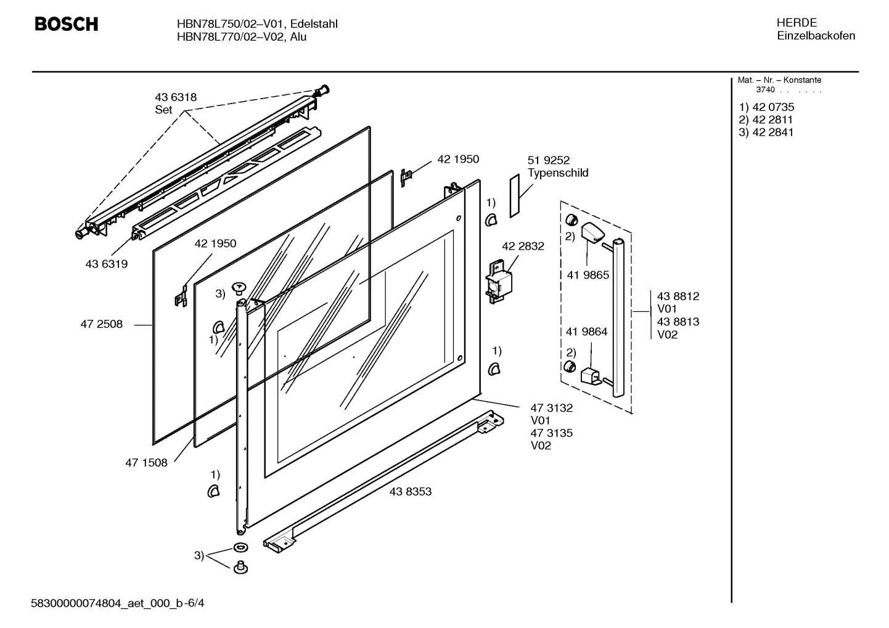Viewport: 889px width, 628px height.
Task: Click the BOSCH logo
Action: point(66,24)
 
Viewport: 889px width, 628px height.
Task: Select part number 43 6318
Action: point(176,97)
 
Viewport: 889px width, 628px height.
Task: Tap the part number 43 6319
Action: point(106,264)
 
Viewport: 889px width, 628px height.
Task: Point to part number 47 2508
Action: point(101,324)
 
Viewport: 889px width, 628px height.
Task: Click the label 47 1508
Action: point(146,462)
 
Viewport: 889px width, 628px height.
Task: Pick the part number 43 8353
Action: point(411,491)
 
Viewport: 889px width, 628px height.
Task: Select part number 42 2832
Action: point(523,246)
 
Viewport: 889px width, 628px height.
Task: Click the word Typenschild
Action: point(558,173)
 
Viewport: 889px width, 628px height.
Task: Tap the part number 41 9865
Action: point(588,275)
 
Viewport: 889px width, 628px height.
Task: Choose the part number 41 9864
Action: point(586,332)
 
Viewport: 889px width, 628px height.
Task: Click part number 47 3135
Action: point(551,433)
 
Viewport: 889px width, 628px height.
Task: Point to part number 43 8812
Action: point(678,296)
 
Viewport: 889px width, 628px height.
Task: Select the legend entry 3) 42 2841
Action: point(766,132)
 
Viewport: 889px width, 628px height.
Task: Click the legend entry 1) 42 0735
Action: point(766,107)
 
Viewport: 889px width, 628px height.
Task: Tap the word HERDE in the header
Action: point(797,23)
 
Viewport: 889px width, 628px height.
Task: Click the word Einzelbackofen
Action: point(816,36)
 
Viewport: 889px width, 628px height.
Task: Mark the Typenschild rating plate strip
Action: point(515,195)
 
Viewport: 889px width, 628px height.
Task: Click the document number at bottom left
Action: point(117,602)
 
